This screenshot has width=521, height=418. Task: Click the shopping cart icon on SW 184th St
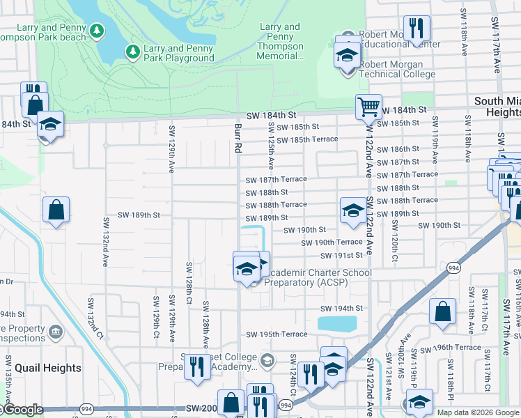pos(368,107)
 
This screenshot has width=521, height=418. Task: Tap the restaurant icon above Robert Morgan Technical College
pos(417,28)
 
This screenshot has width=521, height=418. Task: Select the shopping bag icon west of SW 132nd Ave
pos(56,209)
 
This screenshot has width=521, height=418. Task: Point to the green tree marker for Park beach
pos(97,31)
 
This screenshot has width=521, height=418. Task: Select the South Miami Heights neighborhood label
pos(497,107)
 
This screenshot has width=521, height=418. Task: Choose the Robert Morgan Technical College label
pos(397,75)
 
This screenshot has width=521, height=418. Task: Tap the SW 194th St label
pos(342,308)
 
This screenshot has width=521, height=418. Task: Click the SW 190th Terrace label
pos(332,242)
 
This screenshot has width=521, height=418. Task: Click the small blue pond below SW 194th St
pos(337,323)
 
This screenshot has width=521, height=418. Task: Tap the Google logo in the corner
pos(22,410)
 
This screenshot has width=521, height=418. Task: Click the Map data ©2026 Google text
pos(477,412)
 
